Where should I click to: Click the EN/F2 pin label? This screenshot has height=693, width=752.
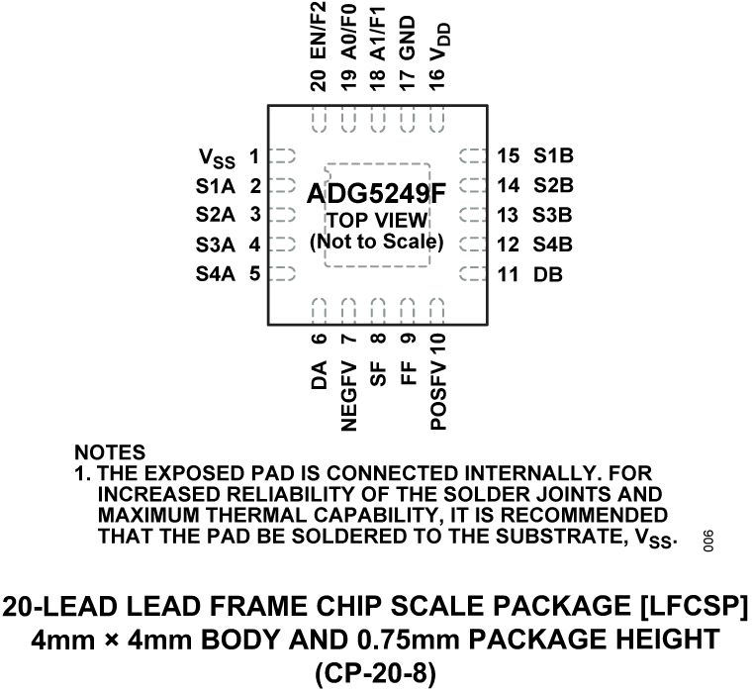pos(319,31)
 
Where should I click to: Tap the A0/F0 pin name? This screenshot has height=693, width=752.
pos(348,32)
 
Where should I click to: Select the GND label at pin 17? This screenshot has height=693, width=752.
pos(408,38)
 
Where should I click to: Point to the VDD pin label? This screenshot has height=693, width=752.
pos(439,43)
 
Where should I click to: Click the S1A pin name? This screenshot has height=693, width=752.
pos(216,186)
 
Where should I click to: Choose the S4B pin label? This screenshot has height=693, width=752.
pos(552,245)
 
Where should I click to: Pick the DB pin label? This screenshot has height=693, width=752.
pos(548,275)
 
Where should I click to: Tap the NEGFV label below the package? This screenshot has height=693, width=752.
pos(348,396)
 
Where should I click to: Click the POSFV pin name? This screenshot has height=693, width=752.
pos(438,395)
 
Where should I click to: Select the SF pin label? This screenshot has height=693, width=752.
pos(378,374)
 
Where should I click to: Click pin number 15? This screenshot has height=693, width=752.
pos(509,156)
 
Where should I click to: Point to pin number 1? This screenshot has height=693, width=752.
pos(254,156)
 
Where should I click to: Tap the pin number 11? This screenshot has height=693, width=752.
pos(508,275)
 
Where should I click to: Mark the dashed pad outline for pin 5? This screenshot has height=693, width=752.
pos(282,274)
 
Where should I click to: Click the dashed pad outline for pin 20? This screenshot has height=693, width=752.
pos(320,119)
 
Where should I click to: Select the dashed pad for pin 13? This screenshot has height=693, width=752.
pos(473,215)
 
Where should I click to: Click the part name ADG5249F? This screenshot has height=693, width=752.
pos(376,194)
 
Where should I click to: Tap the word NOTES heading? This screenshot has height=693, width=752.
pos(110,452)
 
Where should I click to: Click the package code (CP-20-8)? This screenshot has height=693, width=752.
pos(376,674)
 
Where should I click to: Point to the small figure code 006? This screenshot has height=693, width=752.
pos(708,541)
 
